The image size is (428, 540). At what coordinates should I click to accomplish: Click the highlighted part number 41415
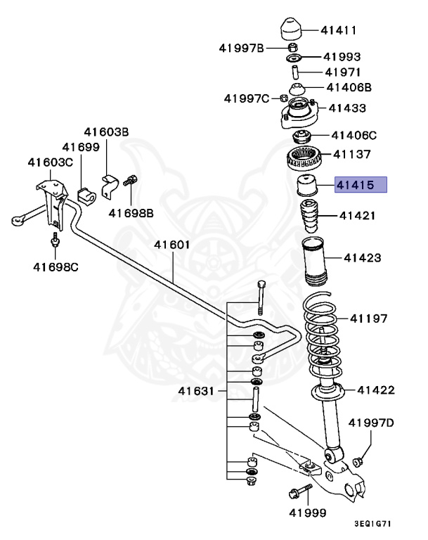[360, 186]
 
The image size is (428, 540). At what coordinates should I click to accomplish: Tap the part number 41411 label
[339, 30]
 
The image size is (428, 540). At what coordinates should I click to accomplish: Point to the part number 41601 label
[172, 245]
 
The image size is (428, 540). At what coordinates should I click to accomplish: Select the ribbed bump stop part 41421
[310, 219]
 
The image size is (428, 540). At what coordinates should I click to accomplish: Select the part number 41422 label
[376, 390]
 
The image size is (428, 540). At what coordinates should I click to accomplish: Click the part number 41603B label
[107, 131]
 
